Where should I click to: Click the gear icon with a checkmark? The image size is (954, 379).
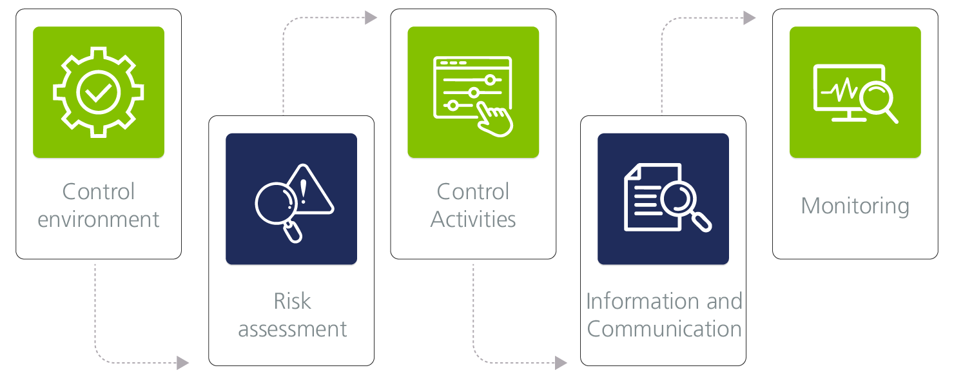(99, 92)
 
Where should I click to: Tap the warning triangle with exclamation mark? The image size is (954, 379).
(308, 191)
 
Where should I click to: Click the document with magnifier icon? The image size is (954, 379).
(664, 198)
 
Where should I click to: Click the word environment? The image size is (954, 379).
(99, 219)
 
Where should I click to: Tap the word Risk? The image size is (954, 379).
(292, 301)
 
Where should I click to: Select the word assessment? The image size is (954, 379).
(292, 329)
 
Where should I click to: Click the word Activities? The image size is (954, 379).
(473, 219)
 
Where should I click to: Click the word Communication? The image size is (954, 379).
(664, 329)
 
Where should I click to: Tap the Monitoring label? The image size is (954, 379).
(855, 206)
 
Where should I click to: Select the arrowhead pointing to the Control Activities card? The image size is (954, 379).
(371, 18)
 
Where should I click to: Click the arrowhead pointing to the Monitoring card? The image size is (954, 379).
(749, 18)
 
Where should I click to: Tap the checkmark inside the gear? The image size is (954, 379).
(99, 93)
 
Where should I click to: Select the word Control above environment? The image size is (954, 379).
(99, 191)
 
